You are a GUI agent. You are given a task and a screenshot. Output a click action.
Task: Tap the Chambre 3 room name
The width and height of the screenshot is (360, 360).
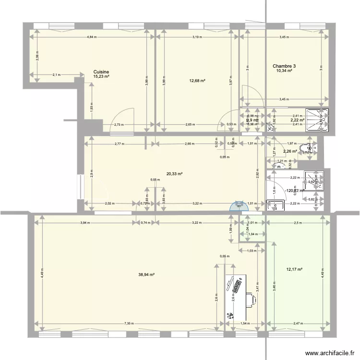[x=284, y=66]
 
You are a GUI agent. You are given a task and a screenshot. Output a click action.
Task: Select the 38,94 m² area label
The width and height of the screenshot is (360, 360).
[x=146, y=275]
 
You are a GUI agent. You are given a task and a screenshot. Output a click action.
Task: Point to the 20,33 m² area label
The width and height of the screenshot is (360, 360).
[x=174, y=174]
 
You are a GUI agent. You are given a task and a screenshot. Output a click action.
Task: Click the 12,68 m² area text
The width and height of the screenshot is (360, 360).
[x=197, y=81]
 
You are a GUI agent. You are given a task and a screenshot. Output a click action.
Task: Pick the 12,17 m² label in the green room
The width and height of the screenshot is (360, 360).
[x=294, y=269]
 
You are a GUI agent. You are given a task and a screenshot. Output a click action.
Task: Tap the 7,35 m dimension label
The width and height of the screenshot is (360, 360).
[x=129, y=324]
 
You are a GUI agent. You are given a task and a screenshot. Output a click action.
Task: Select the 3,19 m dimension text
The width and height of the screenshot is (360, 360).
[x=197, y=37]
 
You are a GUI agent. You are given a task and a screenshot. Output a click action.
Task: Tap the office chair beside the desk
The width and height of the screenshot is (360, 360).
[x=252, y=300]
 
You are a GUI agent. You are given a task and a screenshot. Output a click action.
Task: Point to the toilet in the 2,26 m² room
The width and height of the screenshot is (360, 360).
[x=304, y=149]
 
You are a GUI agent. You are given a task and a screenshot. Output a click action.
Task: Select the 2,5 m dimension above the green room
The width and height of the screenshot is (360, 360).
[x=298, y=222]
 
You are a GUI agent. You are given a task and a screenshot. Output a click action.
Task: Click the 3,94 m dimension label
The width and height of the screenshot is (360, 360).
[x=84, y=222]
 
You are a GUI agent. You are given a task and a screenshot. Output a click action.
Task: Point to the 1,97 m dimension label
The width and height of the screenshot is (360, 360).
[x=290, y=143]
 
